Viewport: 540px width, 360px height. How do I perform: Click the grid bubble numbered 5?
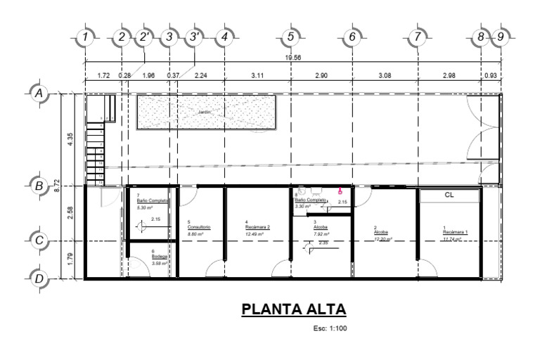(x=290, y=36)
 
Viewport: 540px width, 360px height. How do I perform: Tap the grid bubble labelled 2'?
(x=146, y=36)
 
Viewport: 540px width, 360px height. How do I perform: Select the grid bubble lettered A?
(x=39, y=93)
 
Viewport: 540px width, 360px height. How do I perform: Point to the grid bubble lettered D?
(x=39, y=278)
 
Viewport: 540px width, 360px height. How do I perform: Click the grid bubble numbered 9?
(x=501, y=36)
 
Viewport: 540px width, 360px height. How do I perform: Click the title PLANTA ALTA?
(x=294, y=310)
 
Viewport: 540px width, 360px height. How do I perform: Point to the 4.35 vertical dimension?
(x=70, y=139)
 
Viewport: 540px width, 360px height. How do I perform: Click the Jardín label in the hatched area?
(x=205, y=112)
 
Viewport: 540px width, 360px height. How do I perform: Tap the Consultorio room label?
(x=199, y=227)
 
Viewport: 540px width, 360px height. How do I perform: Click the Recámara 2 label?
(x=257, y=227)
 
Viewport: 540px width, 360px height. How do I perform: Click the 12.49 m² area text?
(x=255, y=233)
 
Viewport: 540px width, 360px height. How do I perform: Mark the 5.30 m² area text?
(x=147, y=207)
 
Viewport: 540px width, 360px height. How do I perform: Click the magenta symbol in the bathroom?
(x=340, y=191)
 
